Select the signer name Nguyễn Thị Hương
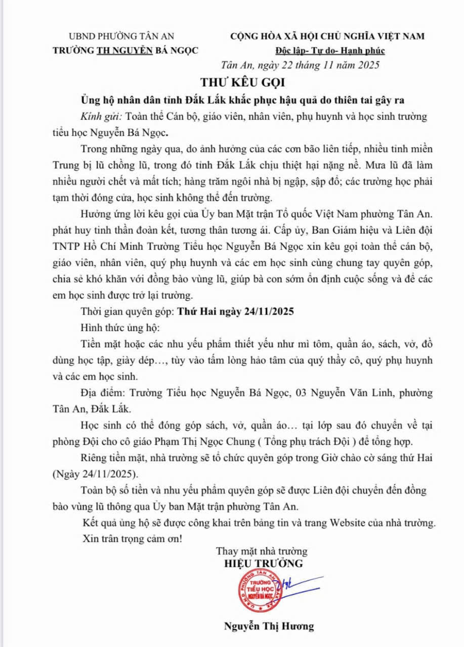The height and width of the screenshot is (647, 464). click(269, 626)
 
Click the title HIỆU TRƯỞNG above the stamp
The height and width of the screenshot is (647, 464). click(264, 563)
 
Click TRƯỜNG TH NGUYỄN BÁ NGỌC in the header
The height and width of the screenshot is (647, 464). click(125, 51)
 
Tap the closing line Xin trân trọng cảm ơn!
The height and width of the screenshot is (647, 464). click(132, 539)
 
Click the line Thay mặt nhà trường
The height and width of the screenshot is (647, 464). click(262, 551)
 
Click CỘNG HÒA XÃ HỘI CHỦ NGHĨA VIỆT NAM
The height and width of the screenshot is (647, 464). click(327, 36)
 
